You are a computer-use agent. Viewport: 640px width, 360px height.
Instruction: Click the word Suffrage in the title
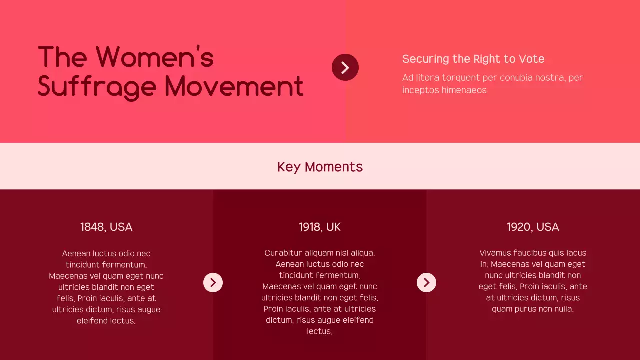(x=97, y=86)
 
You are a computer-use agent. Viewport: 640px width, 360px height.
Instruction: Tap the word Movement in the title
(x=234, y=86)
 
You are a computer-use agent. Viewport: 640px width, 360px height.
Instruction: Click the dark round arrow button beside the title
(x=345, y=67)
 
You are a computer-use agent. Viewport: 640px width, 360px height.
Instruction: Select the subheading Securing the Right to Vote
(x=473, y=59)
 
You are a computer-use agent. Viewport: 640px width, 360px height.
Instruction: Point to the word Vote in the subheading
(x=531, y=59)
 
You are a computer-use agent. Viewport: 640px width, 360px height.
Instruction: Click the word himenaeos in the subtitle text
(x=464, y=90)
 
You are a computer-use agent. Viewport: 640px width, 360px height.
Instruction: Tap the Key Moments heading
(x=320, y=167)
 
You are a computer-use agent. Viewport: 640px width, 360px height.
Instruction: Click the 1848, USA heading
(x=106, y=227)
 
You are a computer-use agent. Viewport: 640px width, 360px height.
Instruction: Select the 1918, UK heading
(x=320, y=227)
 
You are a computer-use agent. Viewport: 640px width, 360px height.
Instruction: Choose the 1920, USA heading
(x=533, y=227)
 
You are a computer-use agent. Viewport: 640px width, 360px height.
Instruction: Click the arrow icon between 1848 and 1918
(x=213, y=283)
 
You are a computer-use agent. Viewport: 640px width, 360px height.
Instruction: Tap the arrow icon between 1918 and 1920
(x=426, y=283)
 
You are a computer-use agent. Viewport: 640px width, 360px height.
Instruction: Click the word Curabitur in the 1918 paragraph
(x=283, y=253)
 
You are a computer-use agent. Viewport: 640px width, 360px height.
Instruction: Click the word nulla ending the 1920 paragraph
(x=564, y=309)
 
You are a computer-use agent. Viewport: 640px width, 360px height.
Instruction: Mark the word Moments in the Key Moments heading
(x=334, y=167)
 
